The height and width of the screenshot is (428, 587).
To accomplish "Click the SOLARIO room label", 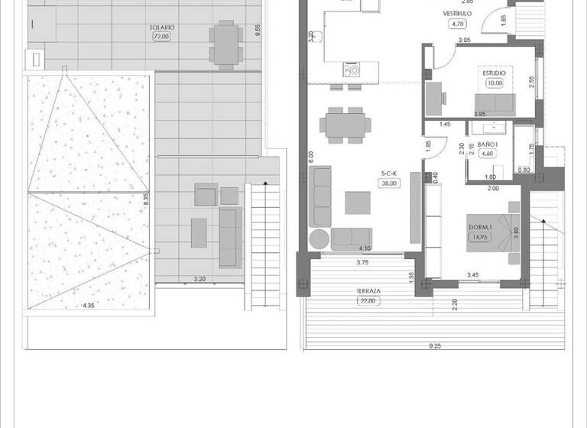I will pyautogui.click(x=162, y=28).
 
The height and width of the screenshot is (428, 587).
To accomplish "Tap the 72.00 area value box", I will pyautogui.click(x=162, y=36).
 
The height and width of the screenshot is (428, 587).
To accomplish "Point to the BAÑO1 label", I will pyautogui.click(x=488, y=144).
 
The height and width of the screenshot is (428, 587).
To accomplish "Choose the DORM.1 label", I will pyautogui.click(x=479, y=227).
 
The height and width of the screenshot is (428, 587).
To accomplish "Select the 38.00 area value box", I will pyautogui.click(x=390, y=183).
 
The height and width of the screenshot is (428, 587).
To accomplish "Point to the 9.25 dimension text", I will pyautogui.click(x=435, y=346).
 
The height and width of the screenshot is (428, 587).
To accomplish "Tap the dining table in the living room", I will pyautogui.click(x=345, y=124).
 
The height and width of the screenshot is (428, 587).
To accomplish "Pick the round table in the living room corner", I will pyautogui.click(x=319, y=238).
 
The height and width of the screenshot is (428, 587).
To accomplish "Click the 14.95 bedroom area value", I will pyautogui.click(x=479, y=237).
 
